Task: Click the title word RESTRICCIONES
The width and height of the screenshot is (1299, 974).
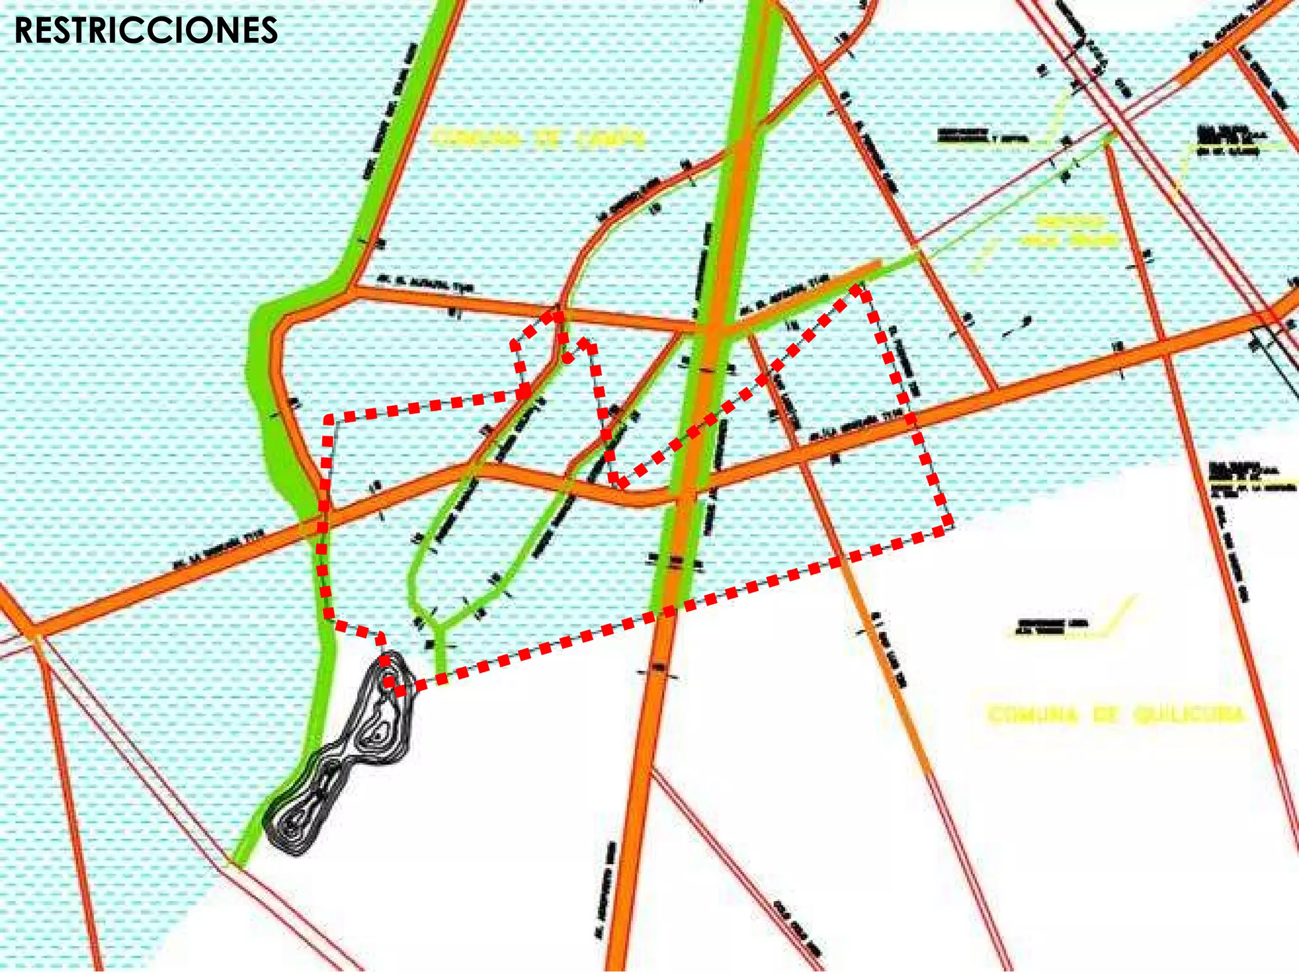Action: (x=146, y=30)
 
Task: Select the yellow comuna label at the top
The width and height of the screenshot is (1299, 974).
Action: (x=539, y=138)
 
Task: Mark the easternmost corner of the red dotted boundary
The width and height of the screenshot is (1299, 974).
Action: (x=950, y=524)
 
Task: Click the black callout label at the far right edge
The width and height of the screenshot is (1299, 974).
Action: (x=1243, y=476)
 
